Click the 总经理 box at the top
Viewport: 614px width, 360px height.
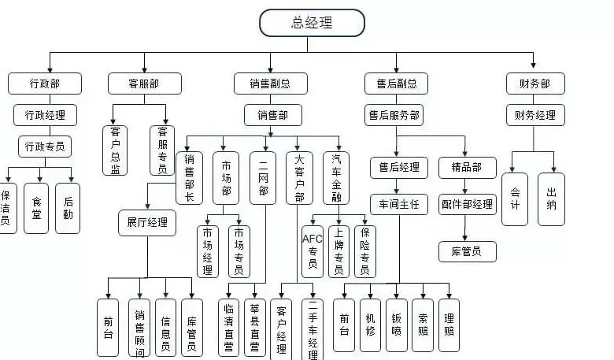(312, 23)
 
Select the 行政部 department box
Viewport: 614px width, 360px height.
(45, 84)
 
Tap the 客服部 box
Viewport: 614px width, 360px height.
(144, 84)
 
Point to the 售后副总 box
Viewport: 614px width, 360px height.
(396, 84)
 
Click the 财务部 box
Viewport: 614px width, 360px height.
(535, 84)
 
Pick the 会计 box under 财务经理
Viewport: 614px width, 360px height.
(515, 199)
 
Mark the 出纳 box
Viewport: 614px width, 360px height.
(552, 199)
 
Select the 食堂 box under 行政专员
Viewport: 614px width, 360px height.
(37, 209)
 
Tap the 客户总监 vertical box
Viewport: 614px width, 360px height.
(115, 150)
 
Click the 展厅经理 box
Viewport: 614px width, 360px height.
(147, 222)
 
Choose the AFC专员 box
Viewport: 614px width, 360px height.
(313, 251)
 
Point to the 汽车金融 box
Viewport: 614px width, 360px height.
(336, 178)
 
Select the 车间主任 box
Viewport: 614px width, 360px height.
(399, 205)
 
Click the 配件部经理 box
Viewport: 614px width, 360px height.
(467, 205)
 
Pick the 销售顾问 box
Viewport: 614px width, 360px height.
(139, 327)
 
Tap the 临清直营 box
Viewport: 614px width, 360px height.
(229, 327)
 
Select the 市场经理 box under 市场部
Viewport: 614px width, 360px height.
(208, 251)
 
